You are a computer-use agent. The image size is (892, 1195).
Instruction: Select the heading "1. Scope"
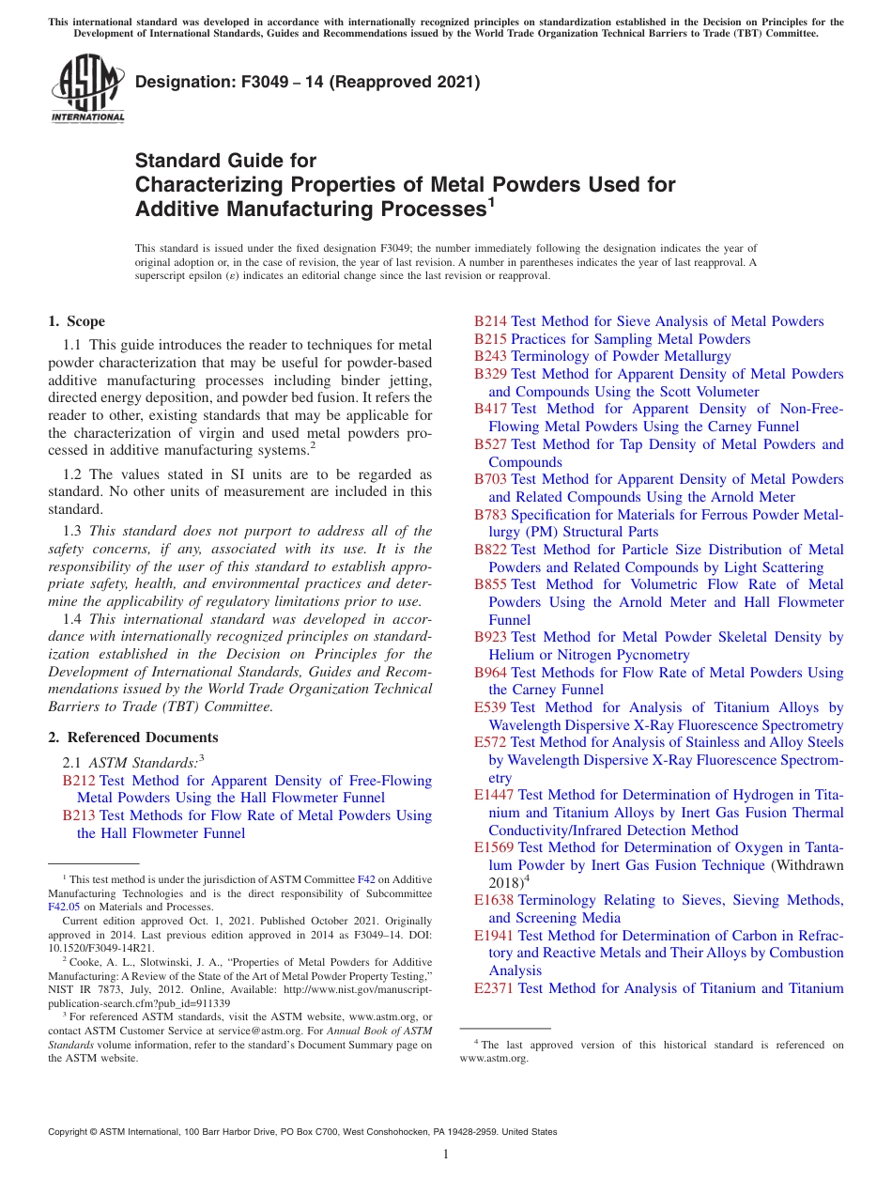(x=77, y=321)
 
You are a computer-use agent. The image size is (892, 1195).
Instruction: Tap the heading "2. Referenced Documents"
(x=133, y=737)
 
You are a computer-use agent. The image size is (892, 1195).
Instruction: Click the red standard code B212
(x=79, y=781)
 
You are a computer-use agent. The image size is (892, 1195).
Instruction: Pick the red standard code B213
(x=79, y=815)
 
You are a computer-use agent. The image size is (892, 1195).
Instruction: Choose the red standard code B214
(x=490, y=321)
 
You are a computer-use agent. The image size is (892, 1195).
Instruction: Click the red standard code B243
(x=490, y=356)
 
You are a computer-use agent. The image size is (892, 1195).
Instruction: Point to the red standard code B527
(x=490, y=444)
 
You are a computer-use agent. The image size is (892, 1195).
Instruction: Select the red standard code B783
(x=490, y=515)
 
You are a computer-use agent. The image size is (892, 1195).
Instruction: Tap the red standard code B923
(x=490, y=637)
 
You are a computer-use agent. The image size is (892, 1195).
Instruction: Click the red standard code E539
(x=490, y=707)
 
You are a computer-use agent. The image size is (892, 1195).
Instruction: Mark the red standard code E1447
(x=494, y=795)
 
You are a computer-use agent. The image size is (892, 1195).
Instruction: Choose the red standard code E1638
(x=494, y=900)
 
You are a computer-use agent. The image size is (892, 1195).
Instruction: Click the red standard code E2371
(x=494, y=987)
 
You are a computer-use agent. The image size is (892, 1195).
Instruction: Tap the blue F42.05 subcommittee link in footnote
(x=62, y=908)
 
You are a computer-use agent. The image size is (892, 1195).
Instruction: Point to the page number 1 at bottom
(x=446, y=1154)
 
